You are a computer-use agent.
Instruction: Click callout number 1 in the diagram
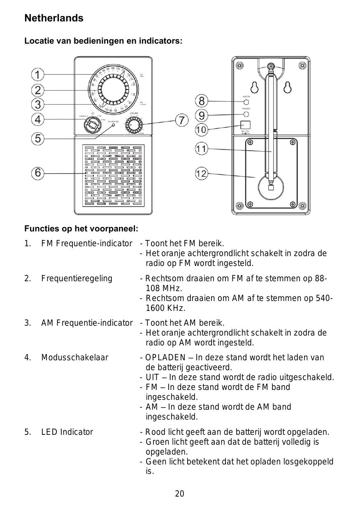tap(37, 75)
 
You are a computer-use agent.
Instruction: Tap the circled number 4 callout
tap(37, 119)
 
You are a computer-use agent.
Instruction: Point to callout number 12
tap(201, 174)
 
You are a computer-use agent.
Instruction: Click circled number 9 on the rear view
tap(201, 114)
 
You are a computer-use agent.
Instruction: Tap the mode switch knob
tap(92, 125)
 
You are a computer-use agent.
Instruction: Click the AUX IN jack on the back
tap(246, 102)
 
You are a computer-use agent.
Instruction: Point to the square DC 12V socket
tap(246, 125)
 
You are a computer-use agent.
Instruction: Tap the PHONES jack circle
tap(246, 114)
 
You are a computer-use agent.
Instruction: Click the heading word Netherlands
tap(54, 18)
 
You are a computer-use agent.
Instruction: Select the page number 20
tap(180, 494)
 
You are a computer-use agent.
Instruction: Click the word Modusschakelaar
tap(74, 357)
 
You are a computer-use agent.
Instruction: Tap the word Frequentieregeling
tap(77, 278)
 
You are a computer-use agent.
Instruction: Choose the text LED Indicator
tap(67, 432)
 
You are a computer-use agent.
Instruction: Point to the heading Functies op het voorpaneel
tap(81, 228)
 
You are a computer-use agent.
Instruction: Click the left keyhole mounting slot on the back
tap(254, 87)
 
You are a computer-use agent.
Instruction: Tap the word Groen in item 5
tap(156, 442)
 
